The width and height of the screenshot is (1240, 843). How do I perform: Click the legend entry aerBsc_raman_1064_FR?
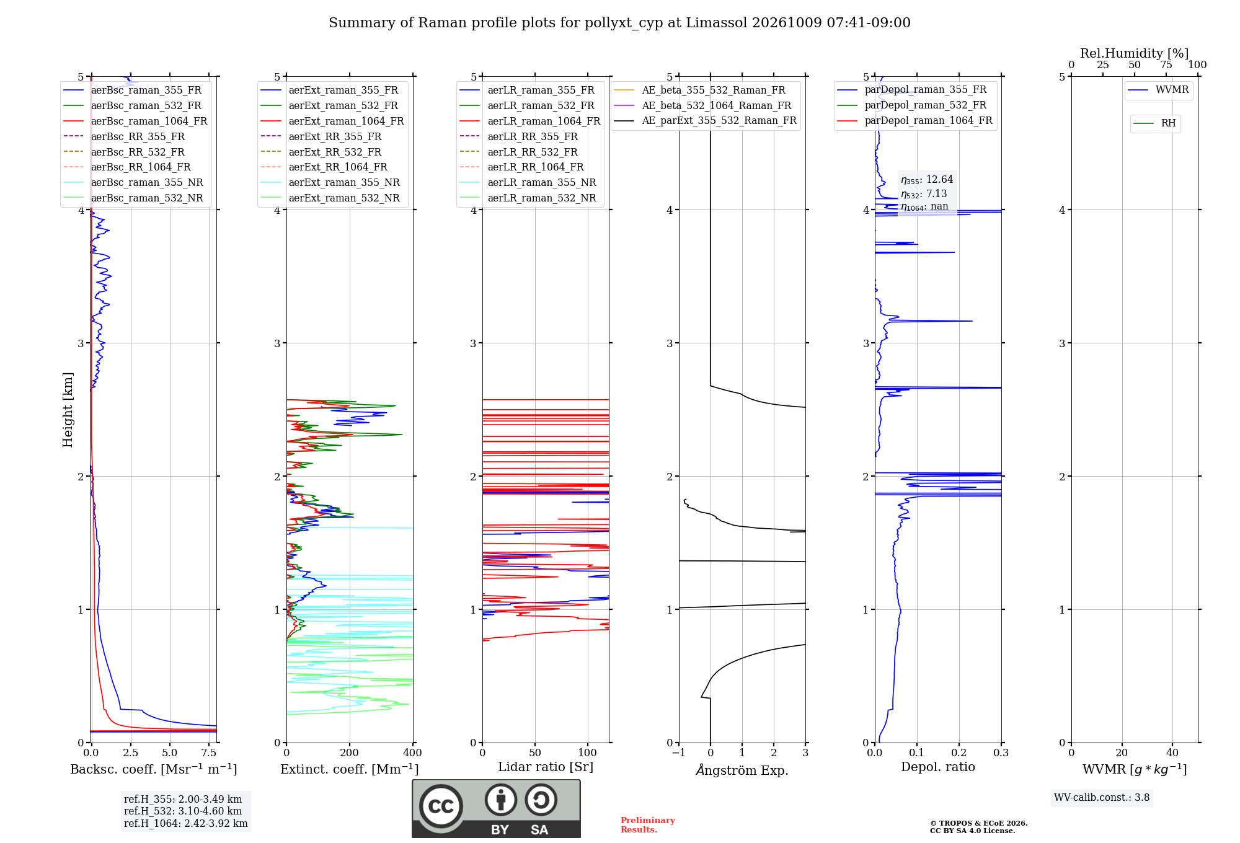coord(135,121)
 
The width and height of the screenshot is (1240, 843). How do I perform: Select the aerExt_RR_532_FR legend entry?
coord(321,152)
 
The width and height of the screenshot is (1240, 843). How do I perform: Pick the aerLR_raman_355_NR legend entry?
coord(528,182)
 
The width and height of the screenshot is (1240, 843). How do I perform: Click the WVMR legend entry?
coord(1158,90)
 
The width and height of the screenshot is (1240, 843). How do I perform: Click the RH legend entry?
coord(1154,123)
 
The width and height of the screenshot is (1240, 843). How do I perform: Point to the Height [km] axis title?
coord(68,410)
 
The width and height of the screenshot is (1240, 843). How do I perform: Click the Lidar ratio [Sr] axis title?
coord(546,767)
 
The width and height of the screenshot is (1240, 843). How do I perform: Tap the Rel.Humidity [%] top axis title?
coord(1135,53)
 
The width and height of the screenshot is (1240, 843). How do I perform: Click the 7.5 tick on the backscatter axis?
coord(209,753)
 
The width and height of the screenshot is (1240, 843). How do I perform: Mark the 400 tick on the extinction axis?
coord(413,753)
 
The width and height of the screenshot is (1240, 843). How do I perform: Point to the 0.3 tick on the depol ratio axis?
coord(1001,753)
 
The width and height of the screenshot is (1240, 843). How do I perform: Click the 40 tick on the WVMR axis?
coord(1172,753)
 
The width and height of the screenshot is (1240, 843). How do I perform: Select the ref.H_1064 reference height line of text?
coord(186,823)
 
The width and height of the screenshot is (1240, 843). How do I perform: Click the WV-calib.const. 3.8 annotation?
coord(1102,797)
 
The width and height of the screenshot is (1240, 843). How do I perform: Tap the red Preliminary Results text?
coord(648,825)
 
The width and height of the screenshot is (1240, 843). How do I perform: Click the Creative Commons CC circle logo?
coord(441,806)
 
